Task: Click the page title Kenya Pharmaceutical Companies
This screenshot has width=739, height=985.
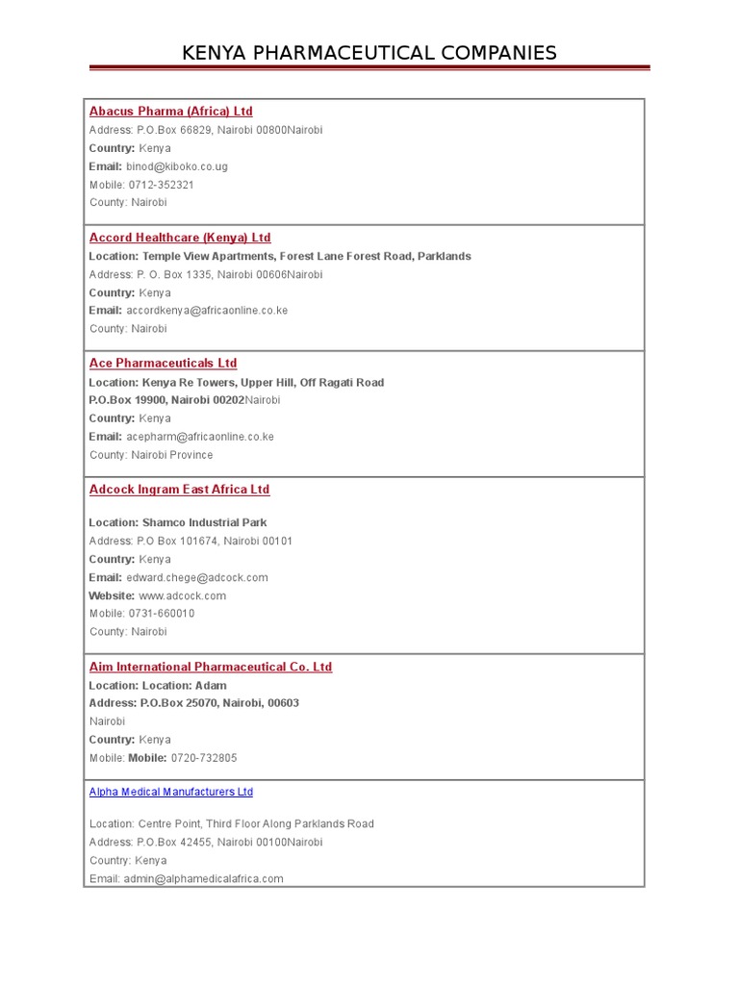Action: click(369, 53)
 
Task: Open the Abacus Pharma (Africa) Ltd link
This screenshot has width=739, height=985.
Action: click(171, 112)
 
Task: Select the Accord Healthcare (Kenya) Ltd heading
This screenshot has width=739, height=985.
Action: click(180, 238)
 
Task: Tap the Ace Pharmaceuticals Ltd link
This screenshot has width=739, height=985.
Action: click(163, 364)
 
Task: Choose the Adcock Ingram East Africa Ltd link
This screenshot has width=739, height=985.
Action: click(179, 490)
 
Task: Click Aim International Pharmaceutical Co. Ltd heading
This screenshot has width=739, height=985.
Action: click(211, 667)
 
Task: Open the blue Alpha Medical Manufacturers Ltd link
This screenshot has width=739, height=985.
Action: click(171, 793)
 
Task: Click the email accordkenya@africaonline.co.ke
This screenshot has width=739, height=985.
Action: click(207, 311)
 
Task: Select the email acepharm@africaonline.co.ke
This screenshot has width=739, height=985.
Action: click(200, 437)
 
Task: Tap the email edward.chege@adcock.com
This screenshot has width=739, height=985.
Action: click(197, 578)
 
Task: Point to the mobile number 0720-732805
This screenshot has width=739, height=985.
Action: click(204, 758)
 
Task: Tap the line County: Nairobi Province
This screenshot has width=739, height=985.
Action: click(151, 455)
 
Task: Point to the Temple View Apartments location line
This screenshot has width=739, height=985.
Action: click(280, 257)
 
